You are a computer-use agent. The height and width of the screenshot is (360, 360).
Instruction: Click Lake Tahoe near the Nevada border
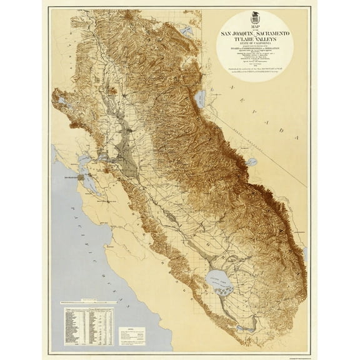pyautogui.click(x=201, y=97)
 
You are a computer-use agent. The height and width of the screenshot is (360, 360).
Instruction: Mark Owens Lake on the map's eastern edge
pyautogui.click(x=305, y=252)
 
